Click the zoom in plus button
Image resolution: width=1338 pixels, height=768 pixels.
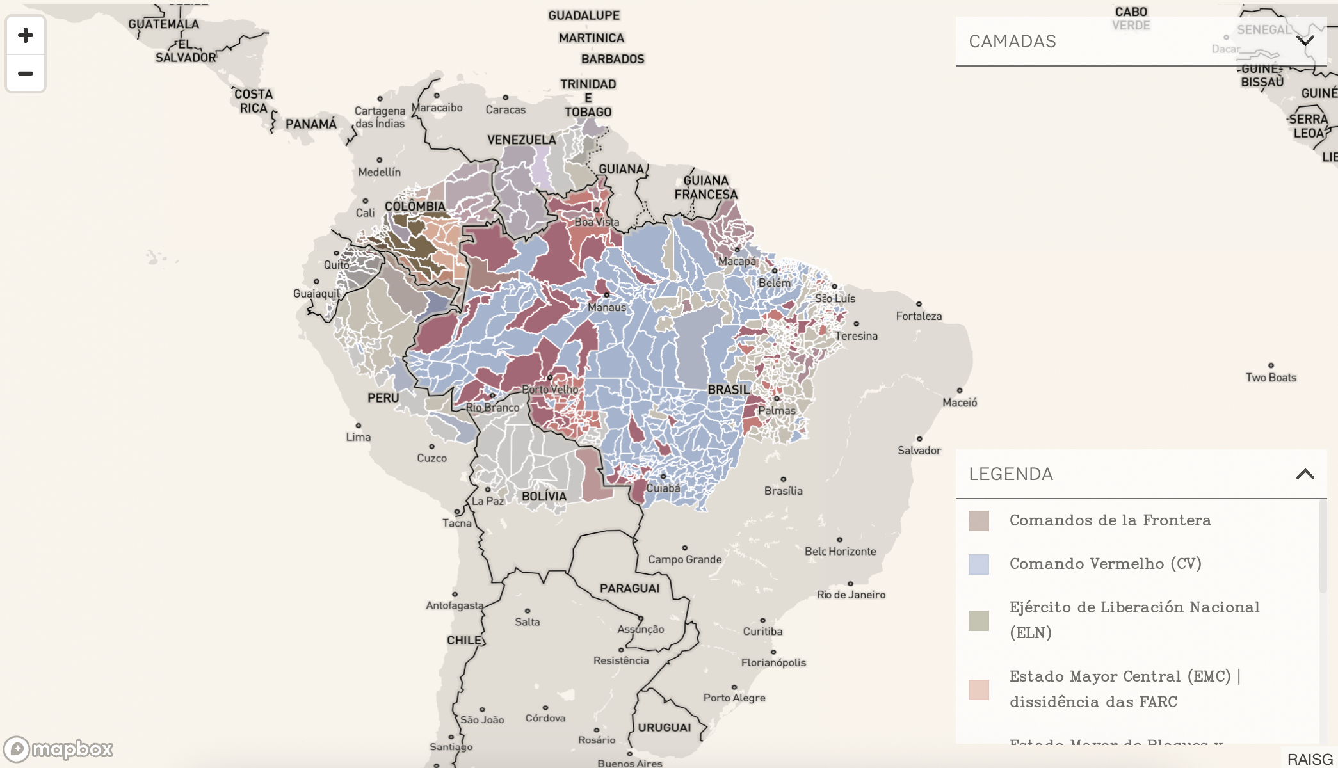click(26, 35)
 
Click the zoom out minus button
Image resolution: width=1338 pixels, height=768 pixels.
click(26, 74)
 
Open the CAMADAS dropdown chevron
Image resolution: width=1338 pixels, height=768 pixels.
click(1305, 41)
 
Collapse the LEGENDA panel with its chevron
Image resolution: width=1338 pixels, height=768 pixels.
click(1305, 474)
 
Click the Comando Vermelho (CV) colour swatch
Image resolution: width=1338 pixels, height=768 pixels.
click(978, 564)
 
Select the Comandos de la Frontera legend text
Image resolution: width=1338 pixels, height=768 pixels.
click(1109, 520)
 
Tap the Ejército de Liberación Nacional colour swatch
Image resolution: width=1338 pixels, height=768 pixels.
click(978, 620)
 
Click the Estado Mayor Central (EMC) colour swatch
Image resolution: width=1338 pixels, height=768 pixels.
click(978, 689)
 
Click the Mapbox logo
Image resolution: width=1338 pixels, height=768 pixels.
click(58, 748)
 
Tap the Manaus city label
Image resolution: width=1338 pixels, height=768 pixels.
click(606, 307)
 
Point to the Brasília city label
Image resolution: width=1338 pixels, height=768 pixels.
click(783, 491)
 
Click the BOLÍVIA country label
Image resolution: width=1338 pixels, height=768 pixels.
click(544, 497)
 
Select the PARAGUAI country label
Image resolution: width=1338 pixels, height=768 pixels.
click(629, 588)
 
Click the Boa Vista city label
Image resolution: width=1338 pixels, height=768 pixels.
click(596, 222)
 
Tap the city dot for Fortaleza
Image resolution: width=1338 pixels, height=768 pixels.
click(919, 304)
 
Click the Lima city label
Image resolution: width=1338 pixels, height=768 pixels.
click(358, 437)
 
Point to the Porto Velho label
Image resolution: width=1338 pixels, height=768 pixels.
click(549, 389)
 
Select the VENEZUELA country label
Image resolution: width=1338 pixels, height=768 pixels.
click(521, 140)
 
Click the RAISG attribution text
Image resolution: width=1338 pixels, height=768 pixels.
click(1309, 759)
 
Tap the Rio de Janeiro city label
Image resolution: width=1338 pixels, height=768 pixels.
click(851, 595)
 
